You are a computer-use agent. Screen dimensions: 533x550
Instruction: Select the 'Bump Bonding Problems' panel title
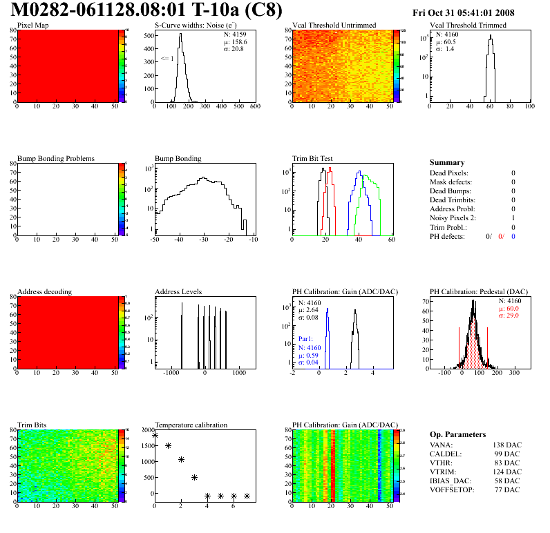[x=56, y=158]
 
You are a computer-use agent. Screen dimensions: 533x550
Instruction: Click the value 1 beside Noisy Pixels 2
[x=513, y=218]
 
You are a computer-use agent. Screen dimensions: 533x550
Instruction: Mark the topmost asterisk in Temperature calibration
[x=155, y=435]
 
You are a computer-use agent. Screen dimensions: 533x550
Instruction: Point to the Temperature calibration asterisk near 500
[x=194, y=477]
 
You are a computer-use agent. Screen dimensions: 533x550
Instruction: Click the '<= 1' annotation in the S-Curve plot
[x=167, y=59]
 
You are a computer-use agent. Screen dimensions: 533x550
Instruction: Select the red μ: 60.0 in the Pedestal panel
[x=510, y=309]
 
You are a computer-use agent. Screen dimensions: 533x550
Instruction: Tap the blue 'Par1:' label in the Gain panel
[x=306, y=340]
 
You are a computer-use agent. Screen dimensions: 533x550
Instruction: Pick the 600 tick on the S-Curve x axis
[x=254, y=107]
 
